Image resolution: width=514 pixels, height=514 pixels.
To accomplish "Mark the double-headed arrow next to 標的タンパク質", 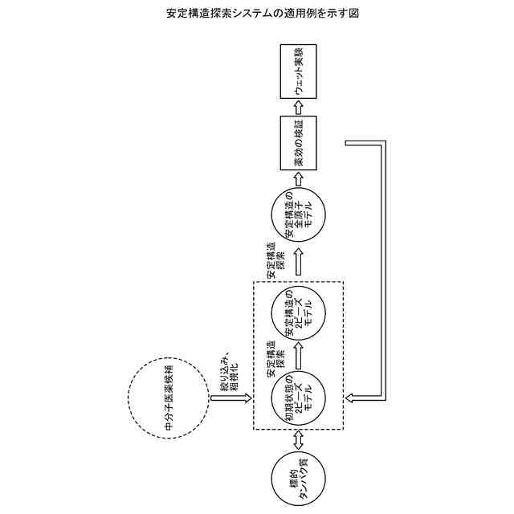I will [x=299, y=439].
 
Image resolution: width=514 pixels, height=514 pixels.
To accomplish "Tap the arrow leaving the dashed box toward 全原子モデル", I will [x=299, y=262].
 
